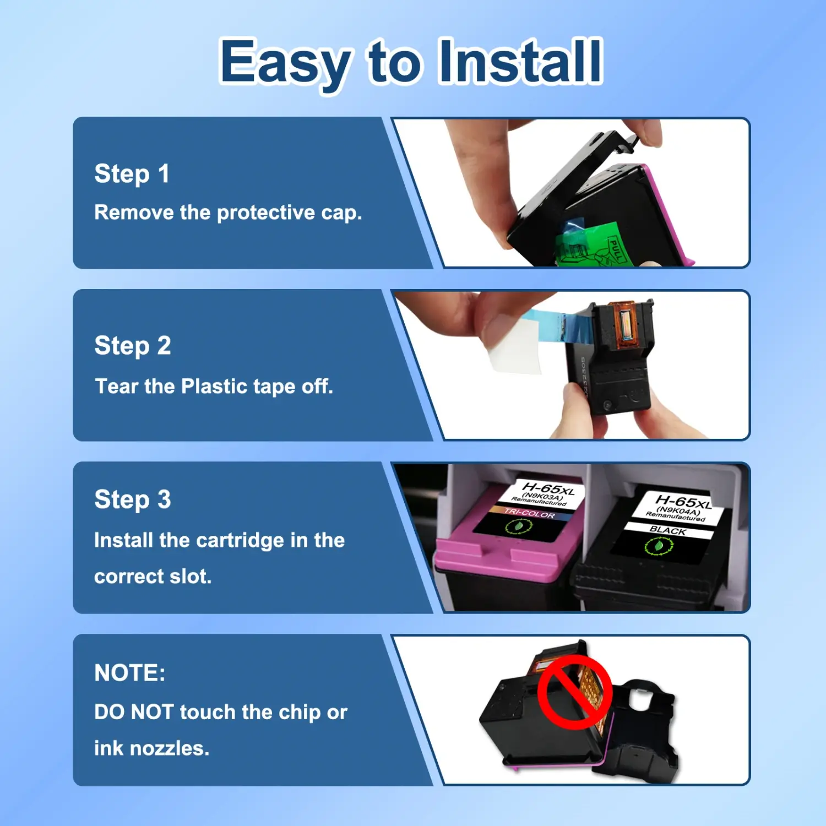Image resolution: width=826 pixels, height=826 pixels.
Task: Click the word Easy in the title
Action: click(x=285, y=65)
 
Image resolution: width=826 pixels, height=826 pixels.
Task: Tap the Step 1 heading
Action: click(x=132, y=174)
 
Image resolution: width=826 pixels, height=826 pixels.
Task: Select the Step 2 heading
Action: click(x=133, y=346)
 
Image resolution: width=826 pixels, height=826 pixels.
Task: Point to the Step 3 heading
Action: click(x=133, y=500)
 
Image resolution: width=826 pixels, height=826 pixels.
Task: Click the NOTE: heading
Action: click(x=129, y=673)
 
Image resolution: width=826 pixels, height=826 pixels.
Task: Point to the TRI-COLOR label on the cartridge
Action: click(x=529, y=513)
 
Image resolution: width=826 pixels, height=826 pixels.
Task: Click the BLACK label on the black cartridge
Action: click(x=667, y=530)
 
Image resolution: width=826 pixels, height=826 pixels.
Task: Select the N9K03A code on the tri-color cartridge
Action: click(x=542, y=497)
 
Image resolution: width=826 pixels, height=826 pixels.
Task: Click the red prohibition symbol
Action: click(x=575, y=692)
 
